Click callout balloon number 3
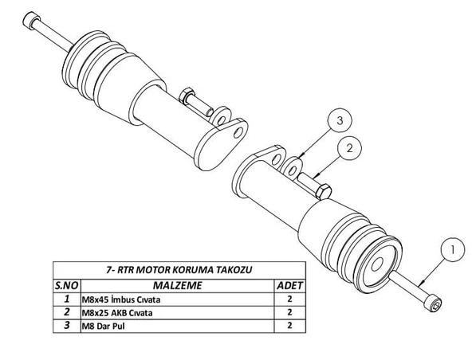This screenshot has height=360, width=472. [x=338, y=121]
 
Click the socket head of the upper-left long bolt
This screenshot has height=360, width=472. [x=32, y=20]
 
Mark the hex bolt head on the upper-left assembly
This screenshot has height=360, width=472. [x=186, y=97]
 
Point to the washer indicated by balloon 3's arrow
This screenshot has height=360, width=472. [x=293, y=168]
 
